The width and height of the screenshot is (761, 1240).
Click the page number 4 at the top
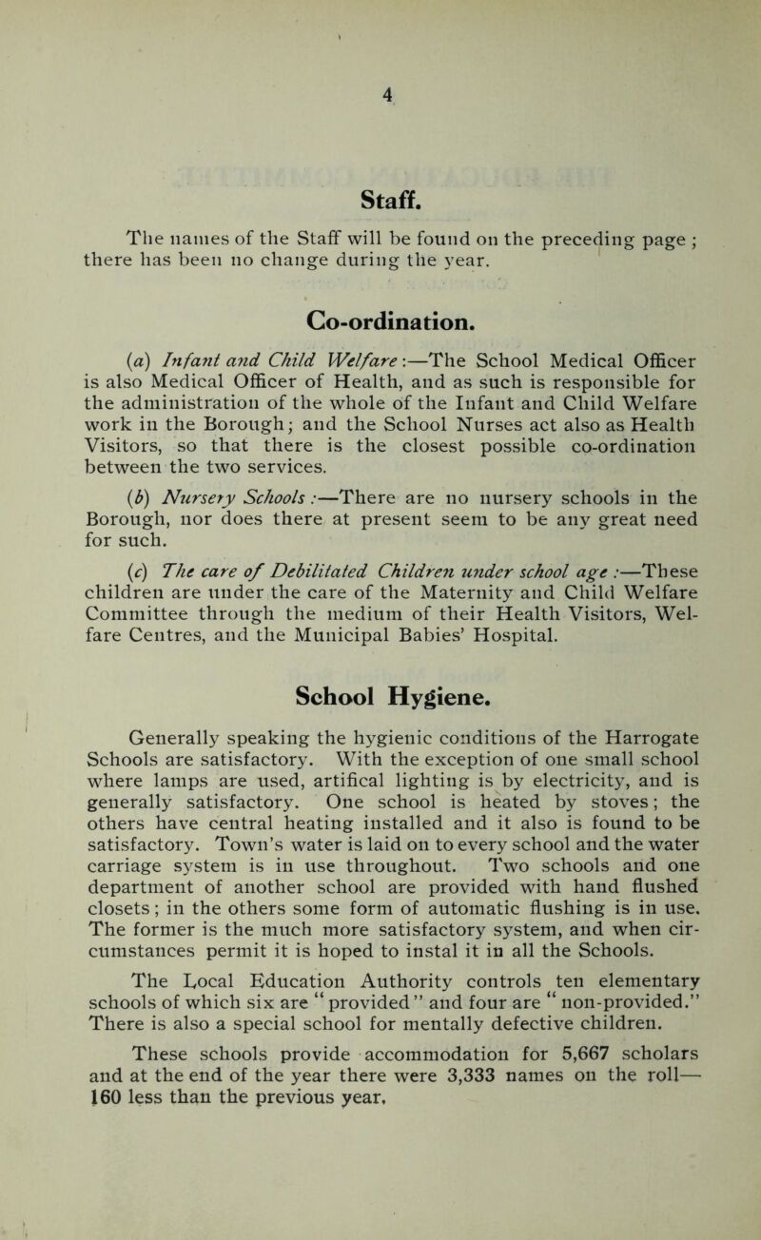point(384,93)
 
